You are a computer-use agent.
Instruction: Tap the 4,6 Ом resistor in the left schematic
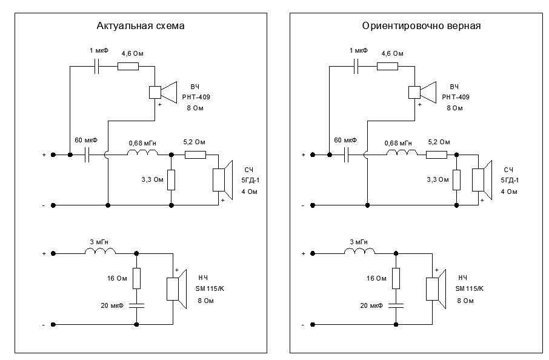(x=128, y=66)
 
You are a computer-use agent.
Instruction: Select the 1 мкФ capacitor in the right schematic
(x=358, y=64)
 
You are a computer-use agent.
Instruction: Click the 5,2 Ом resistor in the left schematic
(x=195, y=155)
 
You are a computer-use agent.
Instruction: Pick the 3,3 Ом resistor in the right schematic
(x=456, y=179)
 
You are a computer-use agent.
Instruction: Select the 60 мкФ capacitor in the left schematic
(x=88, y=155)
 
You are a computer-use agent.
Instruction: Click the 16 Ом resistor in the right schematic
(x=396, y=278)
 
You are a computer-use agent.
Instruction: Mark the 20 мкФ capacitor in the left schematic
(x=136, y=306)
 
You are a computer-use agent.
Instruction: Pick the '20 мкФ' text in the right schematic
(x=371, y=306)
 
